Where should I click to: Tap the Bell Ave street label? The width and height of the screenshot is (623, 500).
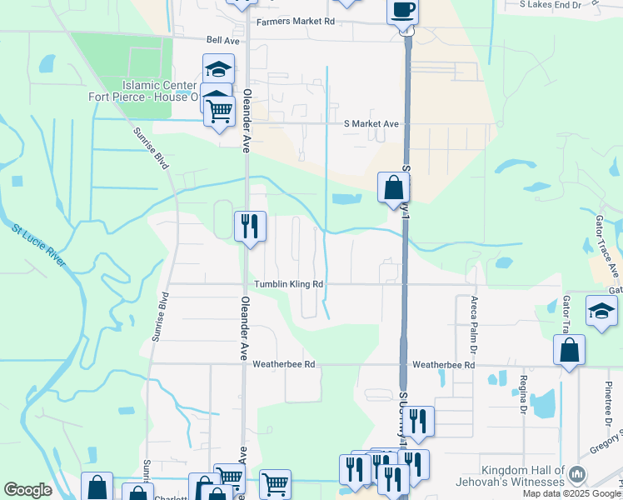point(223,39)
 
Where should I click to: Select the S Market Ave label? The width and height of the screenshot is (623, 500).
point(371,124)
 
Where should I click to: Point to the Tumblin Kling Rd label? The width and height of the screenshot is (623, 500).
point(288,284)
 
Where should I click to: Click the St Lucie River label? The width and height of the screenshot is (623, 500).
point(39,245)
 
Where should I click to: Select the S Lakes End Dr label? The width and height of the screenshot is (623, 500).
point(550,5)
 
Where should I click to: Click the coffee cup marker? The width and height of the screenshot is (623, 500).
point(402,12)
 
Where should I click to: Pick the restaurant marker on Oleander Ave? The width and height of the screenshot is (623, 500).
point(250,225)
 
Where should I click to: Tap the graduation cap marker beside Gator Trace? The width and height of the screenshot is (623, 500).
point(601,311)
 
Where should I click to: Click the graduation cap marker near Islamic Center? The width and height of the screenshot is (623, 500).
point(218,68)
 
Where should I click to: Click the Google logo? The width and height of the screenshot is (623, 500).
point(27,490)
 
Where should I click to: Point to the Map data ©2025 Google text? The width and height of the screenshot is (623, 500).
point(572,494)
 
